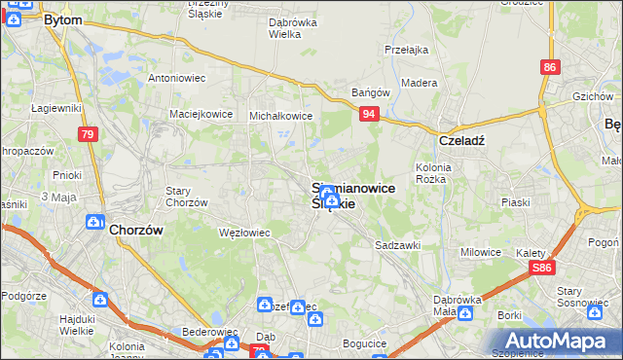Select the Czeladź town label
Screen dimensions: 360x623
point(461,139)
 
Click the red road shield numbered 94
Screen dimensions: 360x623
point(368,114)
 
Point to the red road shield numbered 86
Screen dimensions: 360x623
point(551,67)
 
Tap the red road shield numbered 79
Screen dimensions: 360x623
point(88,134)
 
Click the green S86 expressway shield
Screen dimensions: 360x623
point(543,267)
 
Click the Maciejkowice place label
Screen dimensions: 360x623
point(201,114)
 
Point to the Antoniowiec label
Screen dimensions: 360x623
point(173,78)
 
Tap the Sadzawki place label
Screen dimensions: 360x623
point(397,246)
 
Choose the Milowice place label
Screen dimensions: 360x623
point(480,252)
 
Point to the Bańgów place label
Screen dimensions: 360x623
point(370,93)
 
